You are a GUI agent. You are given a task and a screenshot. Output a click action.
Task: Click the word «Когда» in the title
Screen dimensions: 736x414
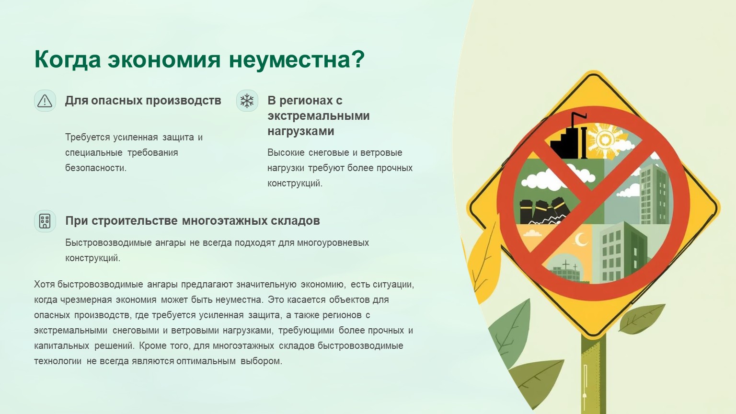click(68, 59)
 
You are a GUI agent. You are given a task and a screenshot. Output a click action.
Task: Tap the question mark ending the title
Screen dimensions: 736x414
click(358, 58)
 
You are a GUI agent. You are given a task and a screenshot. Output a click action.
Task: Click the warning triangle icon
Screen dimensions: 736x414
click(45, 101)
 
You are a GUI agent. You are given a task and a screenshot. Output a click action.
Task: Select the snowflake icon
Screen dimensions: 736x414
click(247, 101)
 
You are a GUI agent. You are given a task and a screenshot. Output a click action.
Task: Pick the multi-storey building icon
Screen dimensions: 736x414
click(45, 221)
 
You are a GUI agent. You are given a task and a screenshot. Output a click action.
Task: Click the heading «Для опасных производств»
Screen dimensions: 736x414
click(143, 101)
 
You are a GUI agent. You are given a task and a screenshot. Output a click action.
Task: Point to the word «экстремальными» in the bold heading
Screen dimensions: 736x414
click(318, 115)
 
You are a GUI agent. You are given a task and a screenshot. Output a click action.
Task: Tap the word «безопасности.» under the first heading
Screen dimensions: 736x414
click(96, 168)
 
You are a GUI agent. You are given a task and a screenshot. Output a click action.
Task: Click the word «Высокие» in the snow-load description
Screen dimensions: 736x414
click(286, 152)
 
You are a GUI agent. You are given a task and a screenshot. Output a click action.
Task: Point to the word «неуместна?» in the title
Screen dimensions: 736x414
click(297, 59)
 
